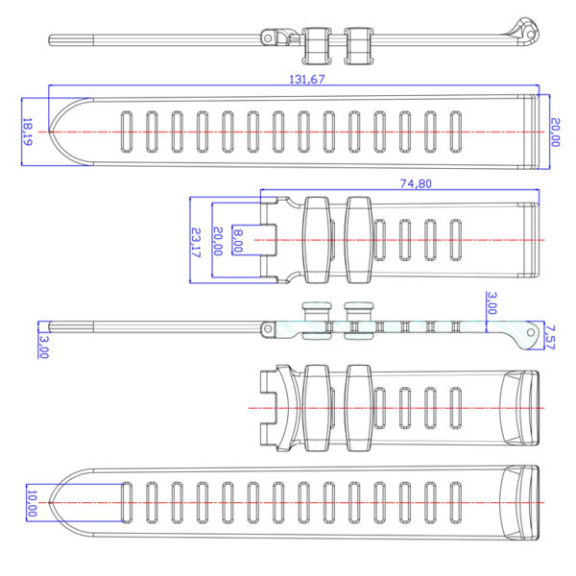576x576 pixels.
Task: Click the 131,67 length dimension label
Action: coord(307,80)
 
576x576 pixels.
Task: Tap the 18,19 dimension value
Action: coord(28,132)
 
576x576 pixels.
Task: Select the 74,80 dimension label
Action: coord(416,183)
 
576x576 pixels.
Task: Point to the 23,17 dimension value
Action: coord(197,243)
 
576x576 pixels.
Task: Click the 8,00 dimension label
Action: coord(238,241)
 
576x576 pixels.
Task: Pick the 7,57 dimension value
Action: coord(550,337)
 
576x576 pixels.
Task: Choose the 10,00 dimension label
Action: coord(33,503)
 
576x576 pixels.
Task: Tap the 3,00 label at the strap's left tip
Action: coord(43,347)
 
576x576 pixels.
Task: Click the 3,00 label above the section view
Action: coord(492,303)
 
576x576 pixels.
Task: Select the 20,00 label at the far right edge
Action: coord(555,132)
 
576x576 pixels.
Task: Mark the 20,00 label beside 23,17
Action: coord(218,241)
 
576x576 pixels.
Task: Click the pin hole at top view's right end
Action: coord(531,35)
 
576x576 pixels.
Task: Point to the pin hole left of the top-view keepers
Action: coord(268,38)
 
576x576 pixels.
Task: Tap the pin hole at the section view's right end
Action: coord(531,332)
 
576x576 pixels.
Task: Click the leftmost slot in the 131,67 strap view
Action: coord(127,132)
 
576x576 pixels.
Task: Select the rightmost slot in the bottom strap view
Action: coord(455,502)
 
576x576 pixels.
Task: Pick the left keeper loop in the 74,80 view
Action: coord(316,240)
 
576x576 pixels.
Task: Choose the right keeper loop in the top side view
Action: coord(358,46)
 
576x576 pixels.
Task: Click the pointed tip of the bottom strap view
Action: coord(49,502)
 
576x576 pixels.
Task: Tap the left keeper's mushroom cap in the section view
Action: coord(317,305)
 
